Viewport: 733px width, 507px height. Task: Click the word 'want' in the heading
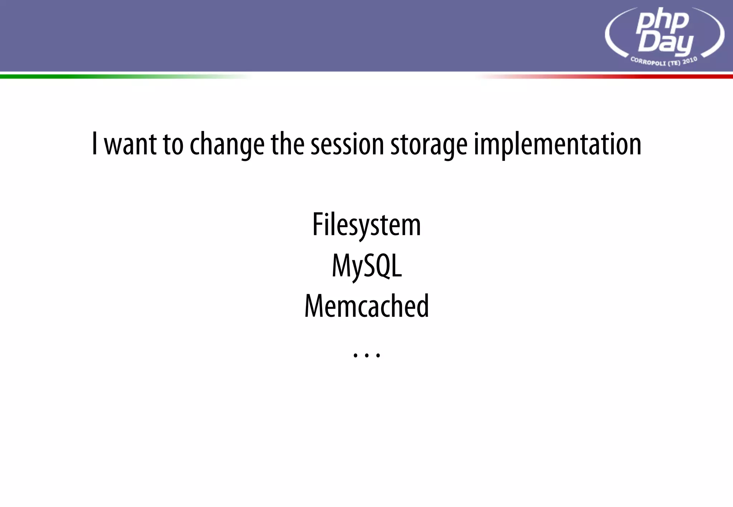(130, 144)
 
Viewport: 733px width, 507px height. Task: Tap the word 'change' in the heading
(227, 145)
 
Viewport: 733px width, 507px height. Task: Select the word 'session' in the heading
(347, 144)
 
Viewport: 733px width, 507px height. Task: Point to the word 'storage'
(429, 145)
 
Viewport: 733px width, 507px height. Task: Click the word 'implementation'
(558, 145)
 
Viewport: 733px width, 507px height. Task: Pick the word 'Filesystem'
(366, 225)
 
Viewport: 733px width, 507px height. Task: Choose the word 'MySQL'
(367, 266)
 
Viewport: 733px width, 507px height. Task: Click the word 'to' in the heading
(173, 144)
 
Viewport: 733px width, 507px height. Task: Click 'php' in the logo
(662, 21)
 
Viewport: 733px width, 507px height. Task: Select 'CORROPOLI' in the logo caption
(648, 62)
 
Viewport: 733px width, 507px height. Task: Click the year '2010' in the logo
(690, 60)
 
